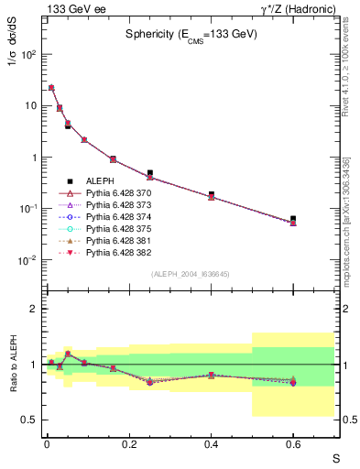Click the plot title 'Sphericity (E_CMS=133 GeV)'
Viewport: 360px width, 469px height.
[x=191, y=34]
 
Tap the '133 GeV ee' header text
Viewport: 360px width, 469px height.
[x=71, y=8]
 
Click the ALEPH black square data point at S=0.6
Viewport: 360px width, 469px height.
[x=293, y=219]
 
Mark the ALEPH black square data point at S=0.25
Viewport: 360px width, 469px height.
[x=149, y=172]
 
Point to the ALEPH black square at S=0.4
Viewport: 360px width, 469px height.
[x=212, y=194]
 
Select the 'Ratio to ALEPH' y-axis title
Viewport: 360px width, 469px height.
[x=14, y=364]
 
